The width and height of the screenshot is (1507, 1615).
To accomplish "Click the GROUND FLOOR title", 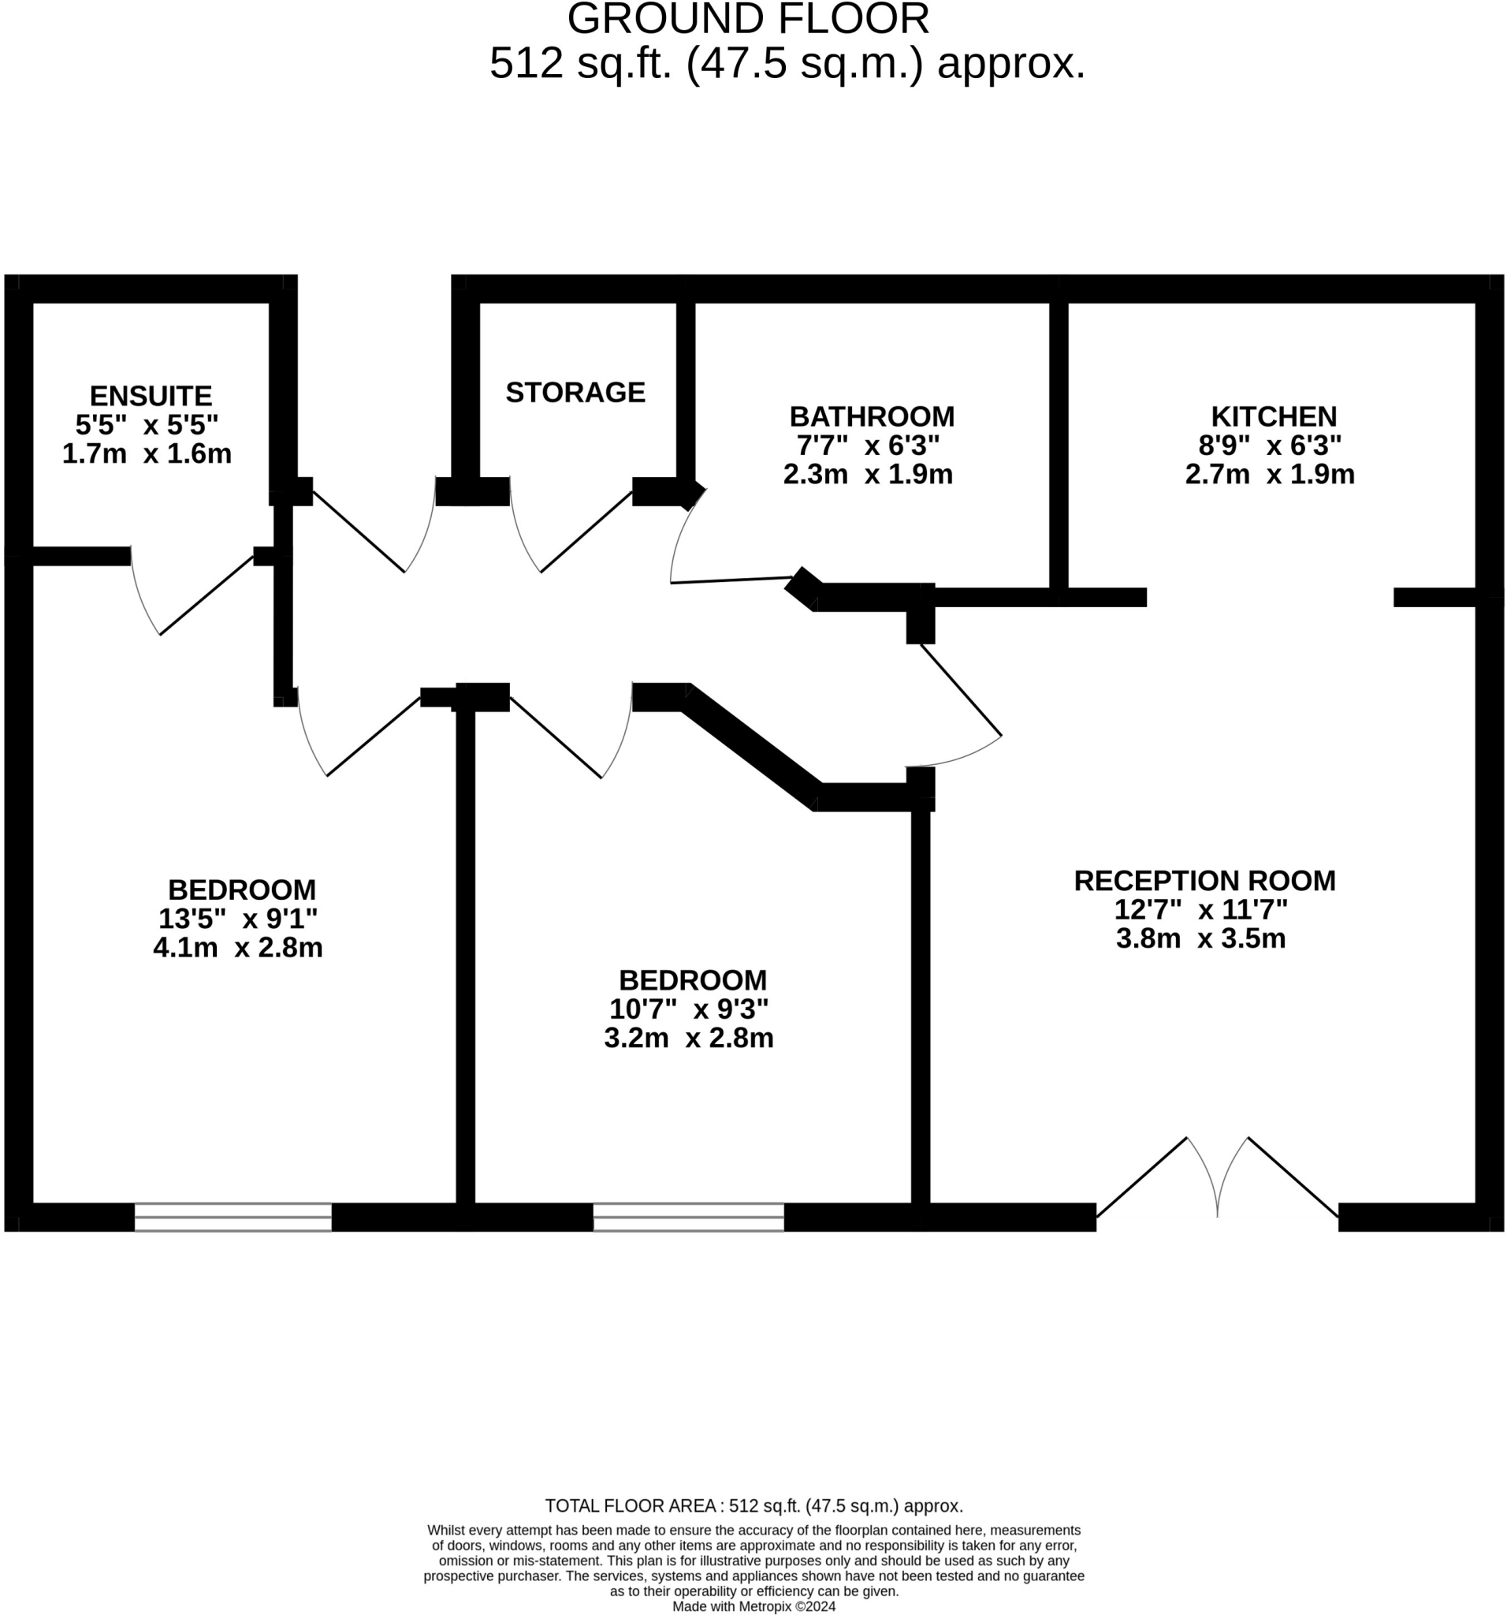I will pos(748,20).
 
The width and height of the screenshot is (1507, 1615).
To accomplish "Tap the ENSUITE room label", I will pos(151,396).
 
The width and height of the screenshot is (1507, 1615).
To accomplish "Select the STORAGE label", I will pos(575,393).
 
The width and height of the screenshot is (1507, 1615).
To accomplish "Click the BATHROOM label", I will pos(871,416).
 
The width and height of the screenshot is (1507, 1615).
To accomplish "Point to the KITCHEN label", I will pos(1273,416).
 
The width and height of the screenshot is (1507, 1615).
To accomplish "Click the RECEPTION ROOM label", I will pos(1204,881).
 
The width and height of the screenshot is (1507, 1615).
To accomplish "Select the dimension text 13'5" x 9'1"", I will pos(237,919).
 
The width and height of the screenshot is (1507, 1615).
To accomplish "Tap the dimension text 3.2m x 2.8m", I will pos(689,1039).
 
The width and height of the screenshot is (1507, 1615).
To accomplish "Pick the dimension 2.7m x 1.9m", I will pos(1269,475).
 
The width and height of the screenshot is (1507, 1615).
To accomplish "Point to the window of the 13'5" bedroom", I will pos(233,1217).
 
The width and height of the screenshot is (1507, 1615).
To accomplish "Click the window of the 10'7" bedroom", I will pos(689,1217).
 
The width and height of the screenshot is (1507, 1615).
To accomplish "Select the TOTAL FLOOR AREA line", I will pos(753,1506).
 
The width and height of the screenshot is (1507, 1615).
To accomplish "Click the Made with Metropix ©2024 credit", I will pos(753,1607).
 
